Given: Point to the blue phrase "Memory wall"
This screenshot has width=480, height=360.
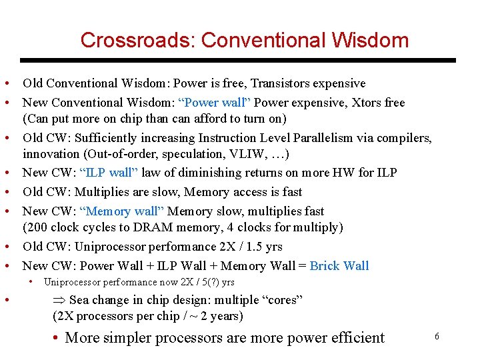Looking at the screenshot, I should (x=121, y=211).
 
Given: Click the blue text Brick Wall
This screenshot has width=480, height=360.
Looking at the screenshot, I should (x=339, y=266).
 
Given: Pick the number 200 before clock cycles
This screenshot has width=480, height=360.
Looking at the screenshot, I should (x=35, y=227).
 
